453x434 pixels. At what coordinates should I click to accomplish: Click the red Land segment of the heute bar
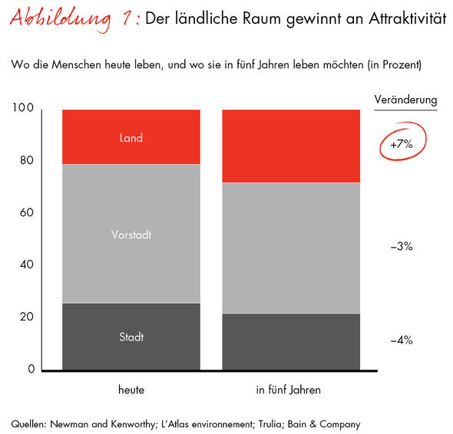131,137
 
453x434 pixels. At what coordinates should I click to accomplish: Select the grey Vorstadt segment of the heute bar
131,234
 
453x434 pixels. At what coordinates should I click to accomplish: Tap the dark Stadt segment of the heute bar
131,337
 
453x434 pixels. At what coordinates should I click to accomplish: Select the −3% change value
401,247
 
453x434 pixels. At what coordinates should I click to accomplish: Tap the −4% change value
401,340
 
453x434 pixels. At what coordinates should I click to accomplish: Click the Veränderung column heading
405,100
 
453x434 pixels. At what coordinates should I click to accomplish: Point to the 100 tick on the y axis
24,109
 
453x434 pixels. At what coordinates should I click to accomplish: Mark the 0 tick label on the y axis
30,370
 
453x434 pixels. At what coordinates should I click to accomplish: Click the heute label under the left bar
131,390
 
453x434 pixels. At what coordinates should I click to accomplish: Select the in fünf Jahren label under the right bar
289,390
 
